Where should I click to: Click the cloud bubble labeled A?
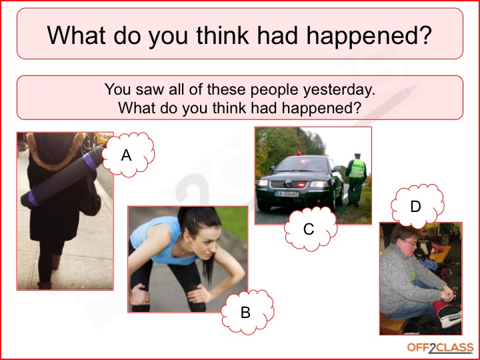click(128, 155)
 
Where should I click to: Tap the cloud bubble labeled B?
click(247, 312)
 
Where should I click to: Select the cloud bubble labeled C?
click(311, 229)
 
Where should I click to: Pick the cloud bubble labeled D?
click(417, 206)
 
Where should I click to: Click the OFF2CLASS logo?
click(440, 348)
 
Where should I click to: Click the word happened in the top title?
click(369, 36)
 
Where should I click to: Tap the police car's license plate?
click(287, 194)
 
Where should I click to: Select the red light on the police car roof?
click(299, 153)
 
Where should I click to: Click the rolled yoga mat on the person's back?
click(63, 176)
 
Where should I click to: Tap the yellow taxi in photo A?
click(104, 139)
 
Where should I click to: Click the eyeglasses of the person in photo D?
click(411, 243)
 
